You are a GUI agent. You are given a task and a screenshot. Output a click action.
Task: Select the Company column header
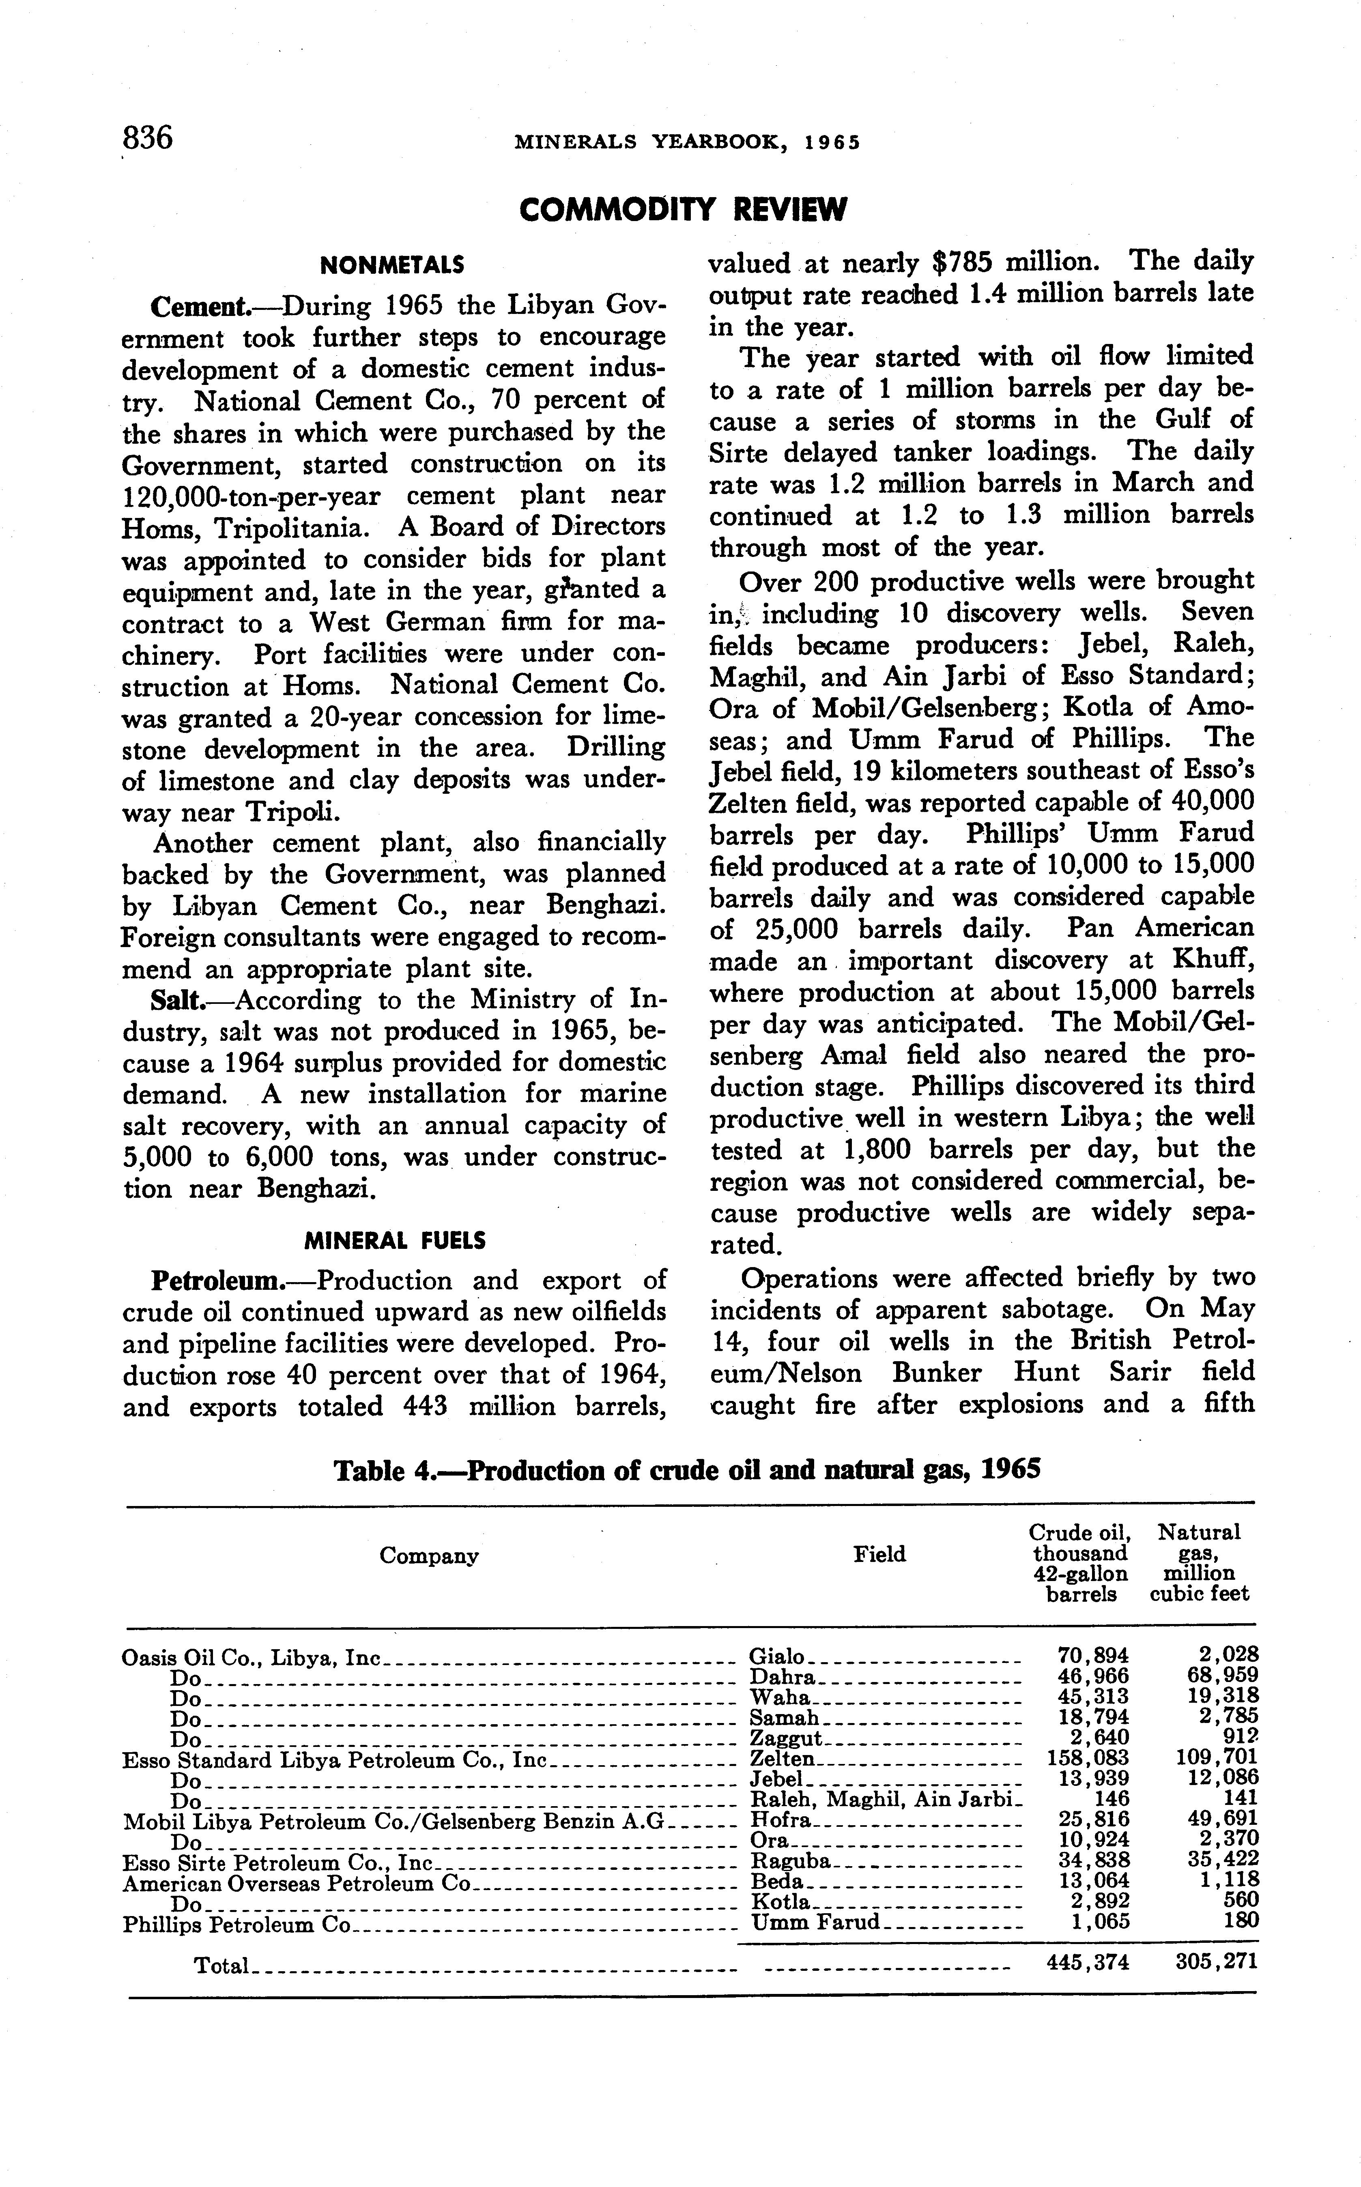[428, 1555]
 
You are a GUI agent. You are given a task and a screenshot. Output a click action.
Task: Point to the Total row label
[221, 1966]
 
